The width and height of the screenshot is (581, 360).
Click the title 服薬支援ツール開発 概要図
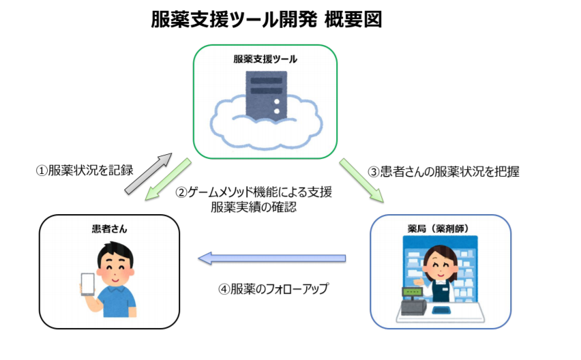click(266, 20)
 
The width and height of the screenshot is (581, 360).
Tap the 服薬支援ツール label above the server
click(265, 59)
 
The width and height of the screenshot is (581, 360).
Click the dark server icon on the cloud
click(267, 95)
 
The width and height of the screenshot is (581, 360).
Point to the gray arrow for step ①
click(148, 174)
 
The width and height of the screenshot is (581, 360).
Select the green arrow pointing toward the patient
click(168, 179)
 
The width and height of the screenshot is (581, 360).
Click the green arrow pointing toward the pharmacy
click(361, 181)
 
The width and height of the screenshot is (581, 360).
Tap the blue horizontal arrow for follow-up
click(272, 258)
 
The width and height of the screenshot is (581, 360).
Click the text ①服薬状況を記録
click(85, 170)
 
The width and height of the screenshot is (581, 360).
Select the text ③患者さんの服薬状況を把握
click(443, 172)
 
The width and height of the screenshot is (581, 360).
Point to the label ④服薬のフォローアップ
click(273, 288)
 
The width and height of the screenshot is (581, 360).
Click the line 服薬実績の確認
click(254, 207)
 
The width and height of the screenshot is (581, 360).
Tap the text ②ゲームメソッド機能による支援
click(254, 192)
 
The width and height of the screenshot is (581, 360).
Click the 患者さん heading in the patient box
click(109, 229)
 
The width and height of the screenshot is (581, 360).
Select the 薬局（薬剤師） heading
click(438, 229)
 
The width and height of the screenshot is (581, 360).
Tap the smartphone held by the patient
click(88, 284)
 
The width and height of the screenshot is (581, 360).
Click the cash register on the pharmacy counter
click(413, 302)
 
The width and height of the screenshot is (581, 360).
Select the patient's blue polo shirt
click(117, 301)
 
